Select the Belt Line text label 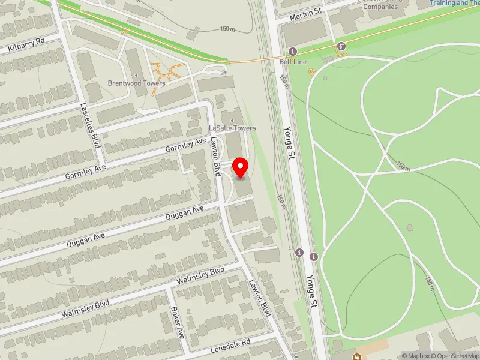293,61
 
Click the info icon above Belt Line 293,51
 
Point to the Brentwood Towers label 136,83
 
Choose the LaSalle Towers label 232,128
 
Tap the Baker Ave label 177,322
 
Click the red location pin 241,167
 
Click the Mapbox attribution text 415,356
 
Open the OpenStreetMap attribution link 454,356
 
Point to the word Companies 380,7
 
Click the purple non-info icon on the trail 341,46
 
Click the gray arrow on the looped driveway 224,72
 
